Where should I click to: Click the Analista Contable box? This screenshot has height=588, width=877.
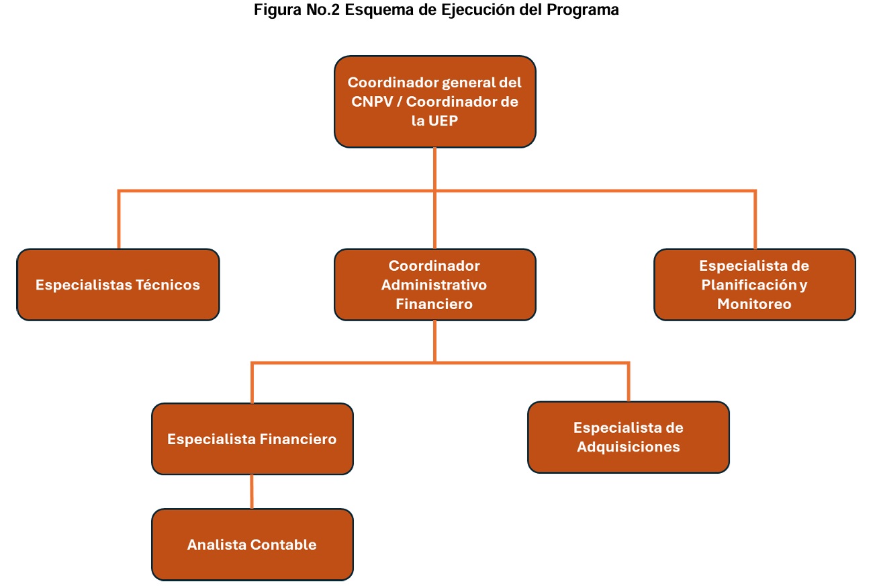252,544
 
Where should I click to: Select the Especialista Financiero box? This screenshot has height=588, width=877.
252,439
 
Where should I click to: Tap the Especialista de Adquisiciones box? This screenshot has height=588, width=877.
628,437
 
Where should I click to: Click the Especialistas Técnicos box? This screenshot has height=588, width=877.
118,284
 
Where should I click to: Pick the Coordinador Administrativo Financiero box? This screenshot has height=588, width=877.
434,284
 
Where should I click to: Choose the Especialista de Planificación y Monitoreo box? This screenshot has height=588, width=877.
754,284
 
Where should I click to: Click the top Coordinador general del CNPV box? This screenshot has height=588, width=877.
434,101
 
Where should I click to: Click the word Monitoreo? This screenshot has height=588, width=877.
754,304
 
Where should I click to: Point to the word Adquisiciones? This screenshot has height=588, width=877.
628,447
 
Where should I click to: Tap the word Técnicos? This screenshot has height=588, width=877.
168,284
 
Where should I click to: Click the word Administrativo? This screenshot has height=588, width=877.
434,284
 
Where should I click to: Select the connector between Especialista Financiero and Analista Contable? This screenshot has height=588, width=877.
252,491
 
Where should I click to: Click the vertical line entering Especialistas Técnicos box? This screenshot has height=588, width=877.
119,220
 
